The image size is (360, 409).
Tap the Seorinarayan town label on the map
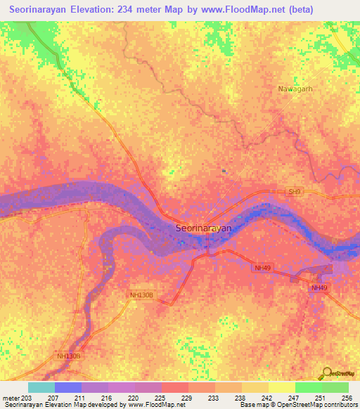203,228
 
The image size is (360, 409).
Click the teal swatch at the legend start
41,387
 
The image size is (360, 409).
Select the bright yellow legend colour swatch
282,387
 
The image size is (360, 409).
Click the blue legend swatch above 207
68,387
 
